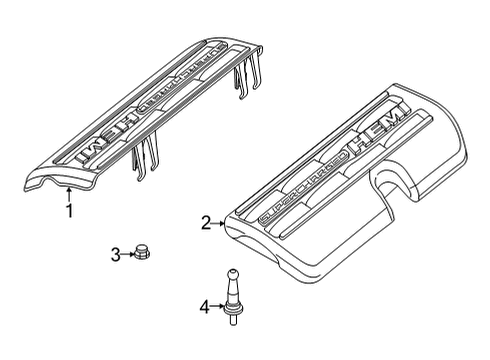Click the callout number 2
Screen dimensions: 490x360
[205, 225]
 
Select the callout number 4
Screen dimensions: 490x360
[204, 307]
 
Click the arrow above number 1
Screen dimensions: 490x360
[67, 192]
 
